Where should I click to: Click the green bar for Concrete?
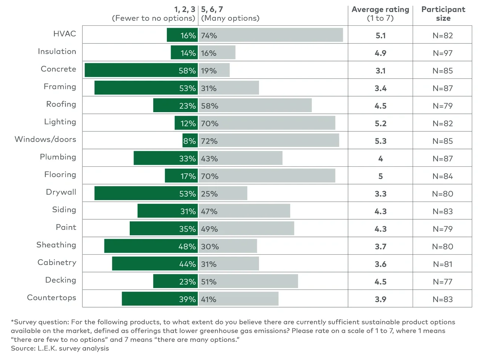(141, 70)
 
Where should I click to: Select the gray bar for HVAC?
(271, 35)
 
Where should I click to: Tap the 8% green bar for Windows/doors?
(190, 141)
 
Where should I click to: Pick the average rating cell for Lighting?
(380, 124)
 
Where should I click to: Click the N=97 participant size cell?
(443, 53)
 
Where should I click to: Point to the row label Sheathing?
(56, 245)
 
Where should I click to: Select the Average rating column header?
(380, 14)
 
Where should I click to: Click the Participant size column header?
(443, 14)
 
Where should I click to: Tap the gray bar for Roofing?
(255, 106)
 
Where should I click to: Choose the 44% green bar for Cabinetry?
(155, 264)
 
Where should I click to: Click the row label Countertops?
(52, 297)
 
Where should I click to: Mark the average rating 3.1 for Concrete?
(380, 71)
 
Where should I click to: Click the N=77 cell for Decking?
(443, 282)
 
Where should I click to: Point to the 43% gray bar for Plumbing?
(240, 158)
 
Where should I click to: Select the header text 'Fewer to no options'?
(153, 18)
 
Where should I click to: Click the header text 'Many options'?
(230, 18)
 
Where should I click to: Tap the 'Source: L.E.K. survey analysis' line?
(60, 348)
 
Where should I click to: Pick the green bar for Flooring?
(181, 176)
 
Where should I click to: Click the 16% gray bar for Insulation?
(217, 53)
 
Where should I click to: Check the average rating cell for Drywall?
(380, 194)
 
